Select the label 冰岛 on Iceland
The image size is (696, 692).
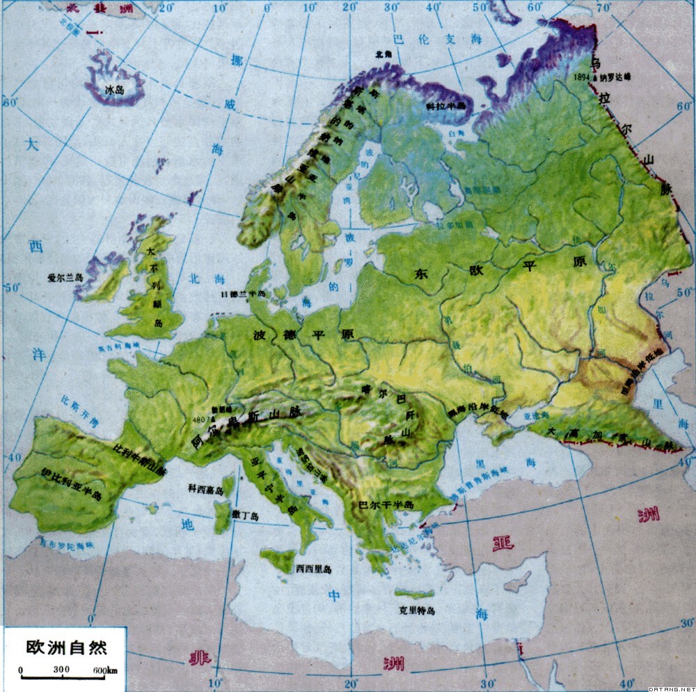coord(113,90)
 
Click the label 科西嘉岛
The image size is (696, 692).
coord(206,490)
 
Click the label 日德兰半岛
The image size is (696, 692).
coord(243,294)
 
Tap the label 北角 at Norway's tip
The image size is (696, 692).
coord(379,53)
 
